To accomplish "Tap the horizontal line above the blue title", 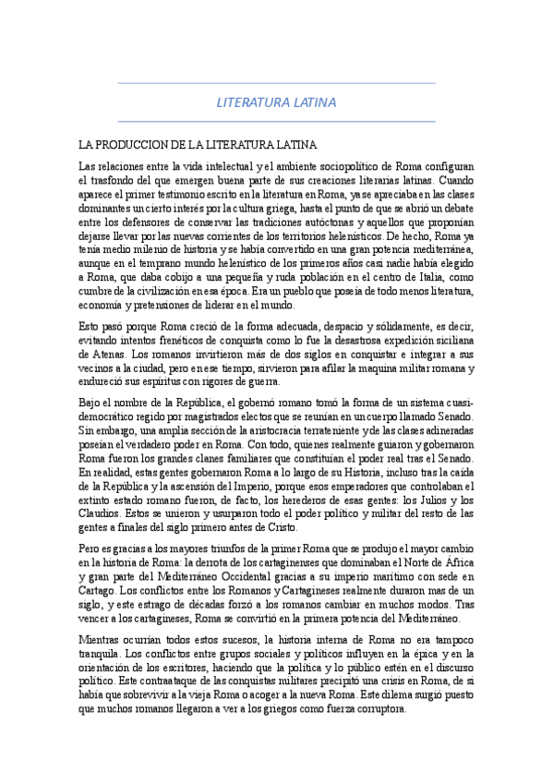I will (x=277, y=84).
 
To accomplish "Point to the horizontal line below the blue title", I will (x=277, y=121).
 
